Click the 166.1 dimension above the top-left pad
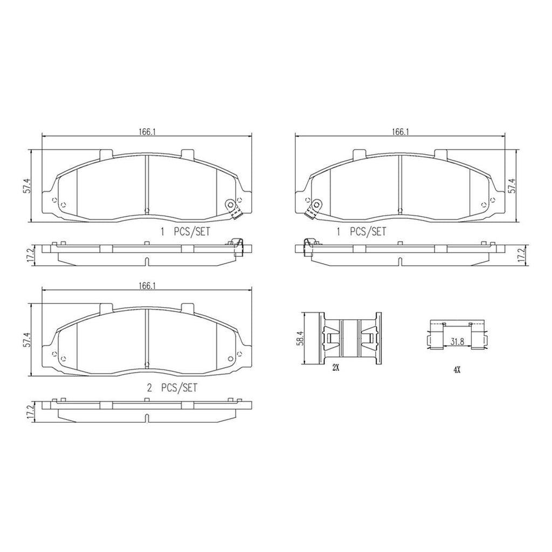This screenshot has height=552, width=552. pos(147,132)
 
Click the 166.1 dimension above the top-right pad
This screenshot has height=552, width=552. pos(401,132)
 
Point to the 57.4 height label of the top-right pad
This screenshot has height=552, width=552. pos(513,185)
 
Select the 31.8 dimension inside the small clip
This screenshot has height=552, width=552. pos(457,341)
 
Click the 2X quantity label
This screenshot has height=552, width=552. pos(335,368)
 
